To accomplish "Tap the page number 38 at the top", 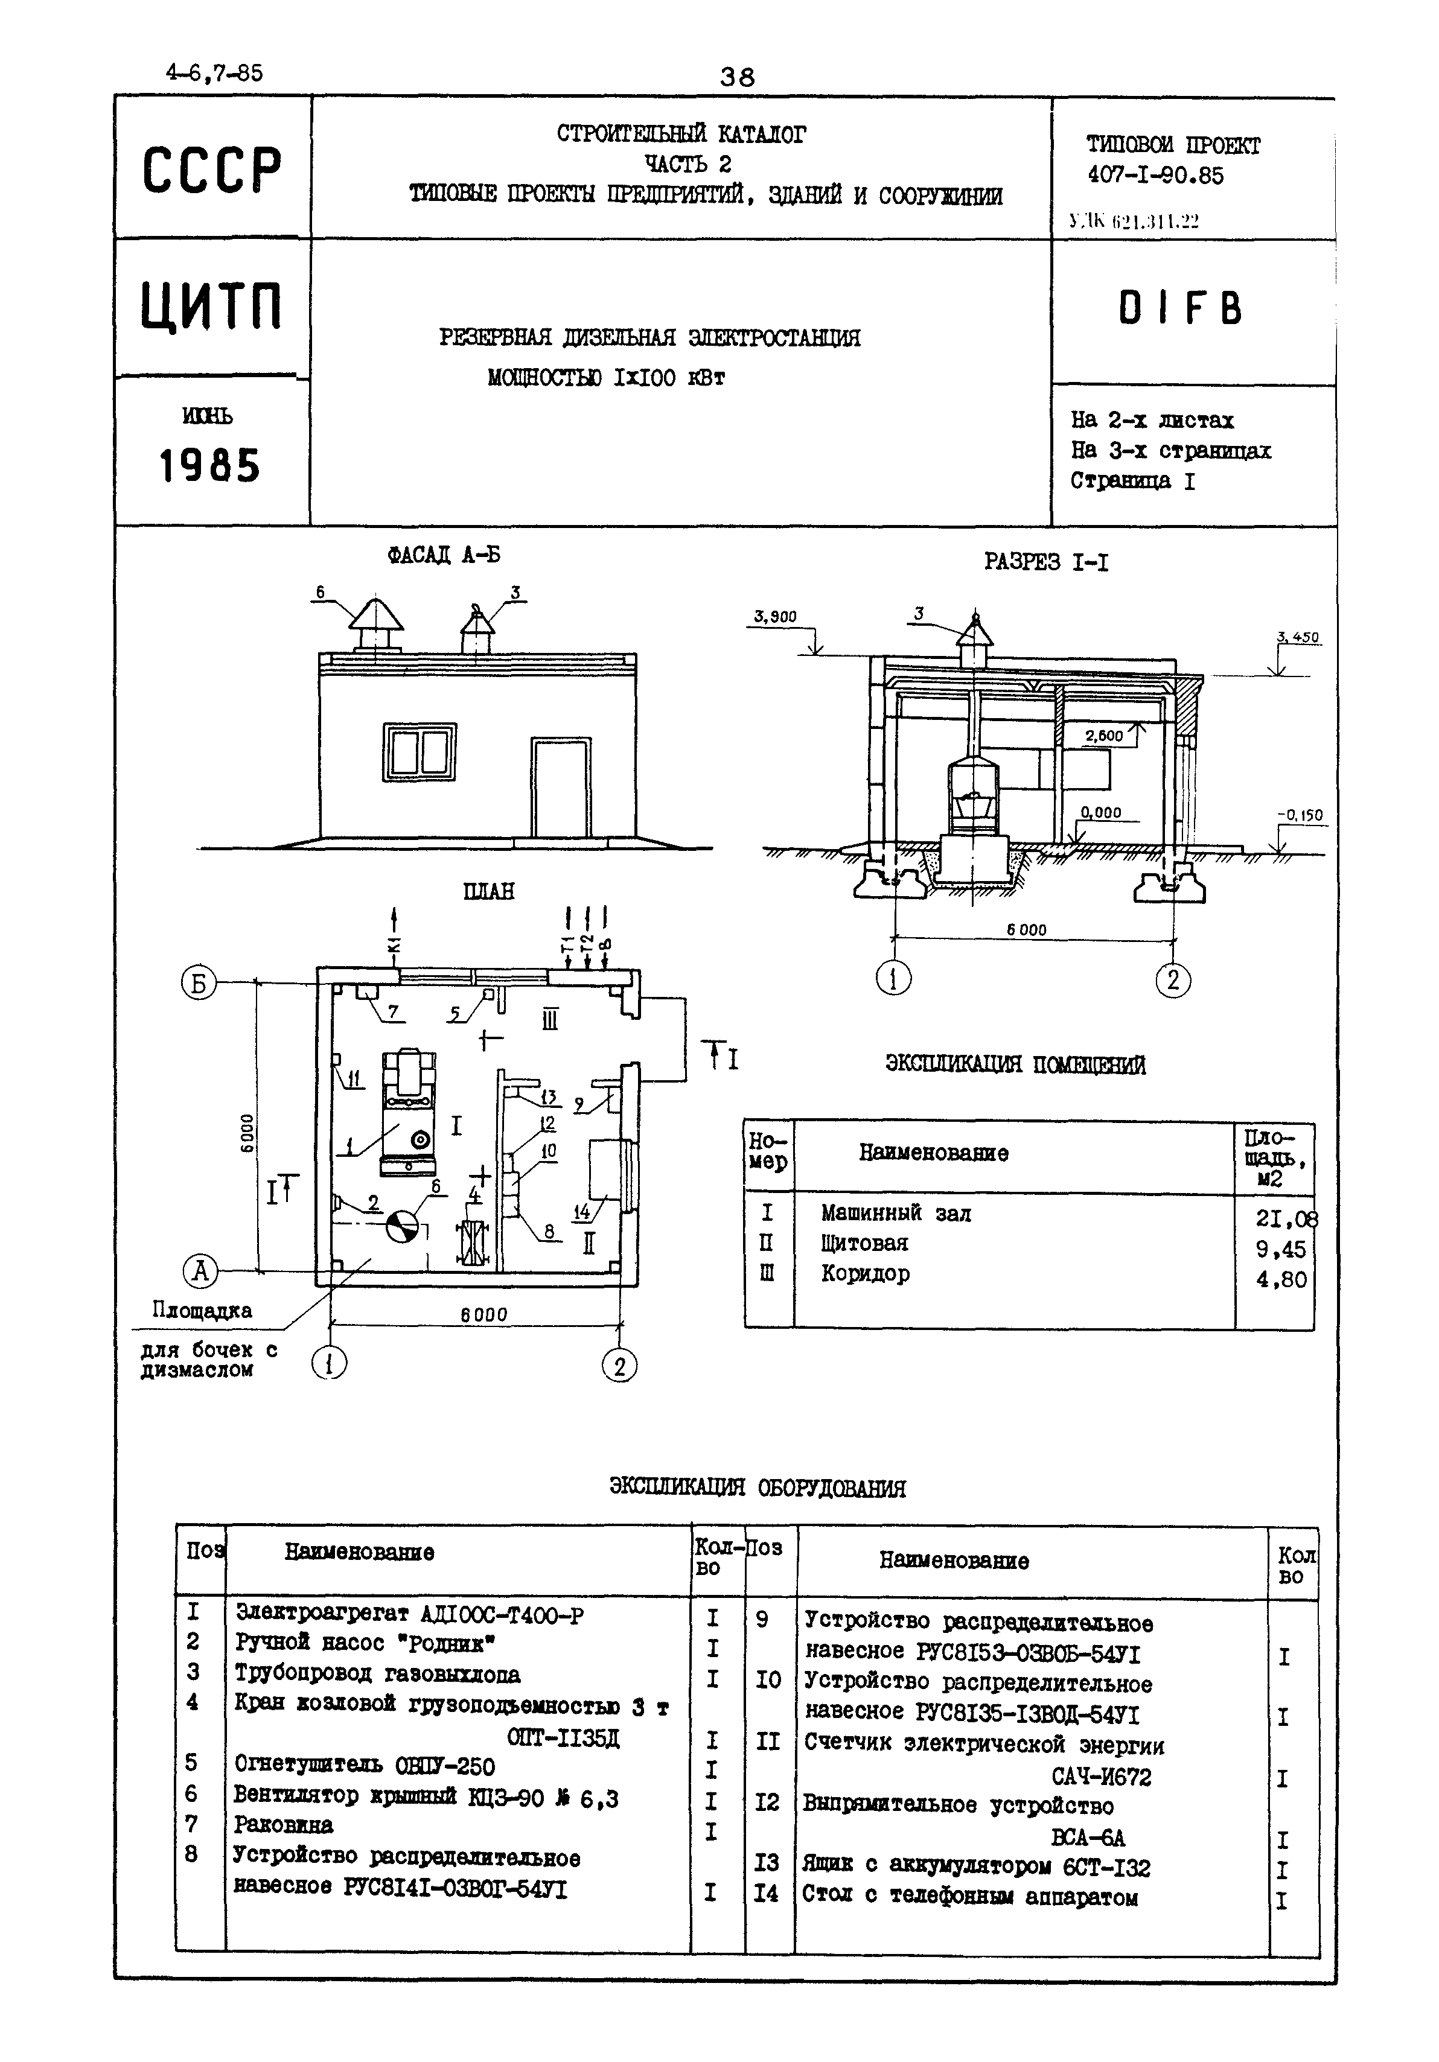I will pos(738,77).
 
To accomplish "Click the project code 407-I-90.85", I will pos(1155,175).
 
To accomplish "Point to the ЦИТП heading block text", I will pos(212,306).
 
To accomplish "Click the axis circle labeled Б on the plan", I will pos(199,984).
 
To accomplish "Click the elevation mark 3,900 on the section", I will pos(774,616).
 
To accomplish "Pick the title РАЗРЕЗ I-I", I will pos(1045,563).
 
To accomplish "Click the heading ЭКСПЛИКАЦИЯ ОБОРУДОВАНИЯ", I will pos(758,1488).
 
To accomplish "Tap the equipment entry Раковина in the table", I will pos(283,1825).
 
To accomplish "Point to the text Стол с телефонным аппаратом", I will pos(970,1897).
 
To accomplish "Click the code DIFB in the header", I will pos(1180,310).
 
